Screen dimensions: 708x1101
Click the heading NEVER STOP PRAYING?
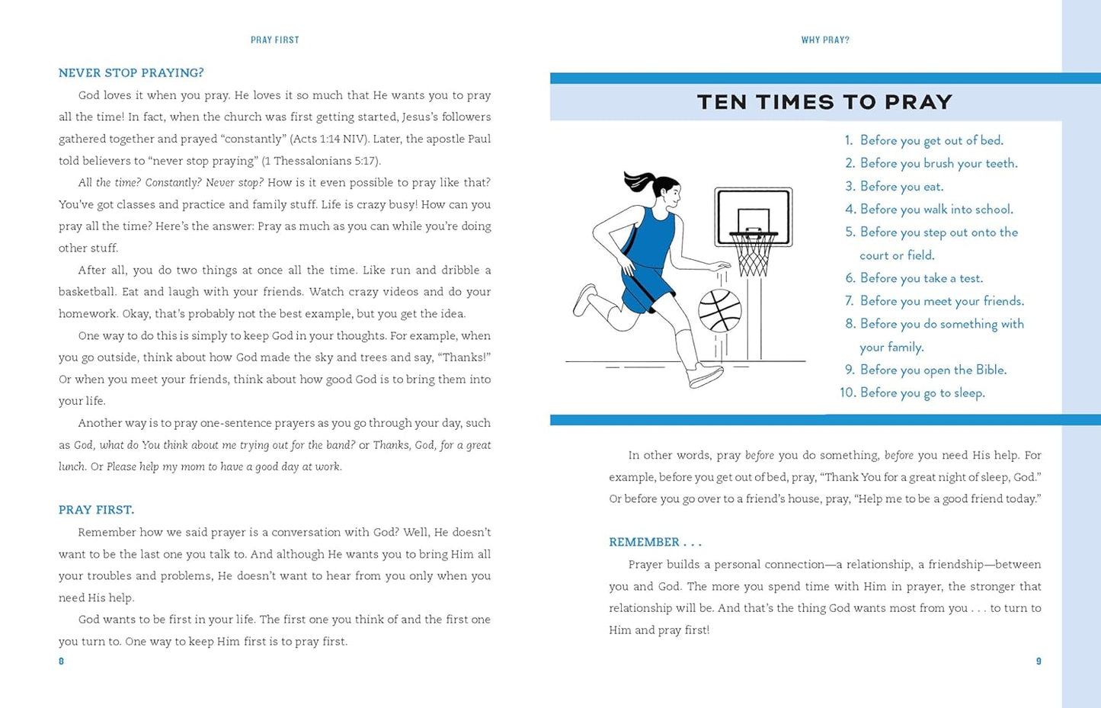(131, 73)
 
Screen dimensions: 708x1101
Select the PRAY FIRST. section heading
(96, 510)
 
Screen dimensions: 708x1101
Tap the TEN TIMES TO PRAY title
(824, 102)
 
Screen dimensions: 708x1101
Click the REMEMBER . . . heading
(655, 543)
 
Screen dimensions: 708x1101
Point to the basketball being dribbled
(720, 310)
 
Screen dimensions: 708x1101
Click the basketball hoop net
(753, 255)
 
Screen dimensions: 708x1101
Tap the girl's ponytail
(638, 181)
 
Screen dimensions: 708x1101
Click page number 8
(62, 662)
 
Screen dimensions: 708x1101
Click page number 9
(1038, 662)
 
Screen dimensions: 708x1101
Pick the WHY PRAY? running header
(825, 40)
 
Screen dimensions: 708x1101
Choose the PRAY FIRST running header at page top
(275, 40)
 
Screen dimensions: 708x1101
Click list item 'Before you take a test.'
(921, 278)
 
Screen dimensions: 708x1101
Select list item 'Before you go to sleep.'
(922, 393)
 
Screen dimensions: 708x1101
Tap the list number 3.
(850, 187)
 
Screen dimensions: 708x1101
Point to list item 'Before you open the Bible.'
(933, 370)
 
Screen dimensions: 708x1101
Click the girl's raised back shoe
(584, 299)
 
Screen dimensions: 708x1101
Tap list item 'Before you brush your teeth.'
(938, 164)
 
